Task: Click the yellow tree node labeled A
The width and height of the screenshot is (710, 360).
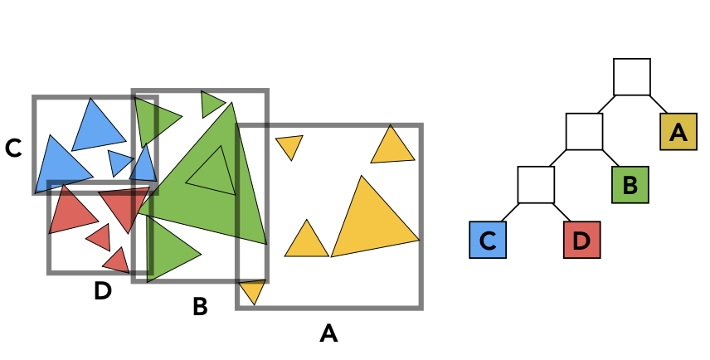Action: pyautogui.click(x=678, y=131)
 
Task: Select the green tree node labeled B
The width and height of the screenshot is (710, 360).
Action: pyautogui.click(x=630, y=185)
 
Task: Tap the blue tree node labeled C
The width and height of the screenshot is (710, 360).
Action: pyautogui.click(x=487, y=241)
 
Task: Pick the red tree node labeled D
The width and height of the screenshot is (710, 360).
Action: pyautogui.click(x=581, y=241)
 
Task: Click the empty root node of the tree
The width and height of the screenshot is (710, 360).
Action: pyautogui.click(x=631, y=76)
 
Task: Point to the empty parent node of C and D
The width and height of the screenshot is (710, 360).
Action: pyautogui.click(x=535, y=185)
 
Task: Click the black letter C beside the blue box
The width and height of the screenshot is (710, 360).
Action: pyautogui.click(x=13, y=148)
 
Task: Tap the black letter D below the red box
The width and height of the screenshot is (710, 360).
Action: pyautogui.click(x=102, y=292)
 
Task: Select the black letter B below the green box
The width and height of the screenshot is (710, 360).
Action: pyautogui.click(x=200, y=307)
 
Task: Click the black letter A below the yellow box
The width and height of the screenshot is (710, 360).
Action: pyautogui.click(x=328, y=333)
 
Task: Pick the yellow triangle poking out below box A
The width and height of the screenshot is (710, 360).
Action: pyautogui.click(x=252, y=289)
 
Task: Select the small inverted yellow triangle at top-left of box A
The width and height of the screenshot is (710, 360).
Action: pyautogui.click(x=289, y=145)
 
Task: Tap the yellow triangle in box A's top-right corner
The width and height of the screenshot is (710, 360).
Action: pyautogui.click(x=392, y=148)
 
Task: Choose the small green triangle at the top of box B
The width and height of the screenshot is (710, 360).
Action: pyautogui.click(x=211, y=104)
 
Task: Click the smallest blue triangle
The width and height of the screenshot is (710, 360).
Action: pyautogui.click(x=119, y=162)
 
